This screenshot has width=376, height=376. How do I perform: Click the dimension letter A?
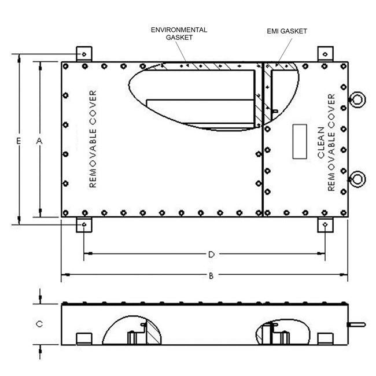tap(39, 141)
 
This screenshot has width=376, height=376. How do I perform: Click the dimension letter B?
tap(212, 277)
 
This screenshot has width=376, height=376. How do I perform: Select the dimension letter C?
tap(39, 325)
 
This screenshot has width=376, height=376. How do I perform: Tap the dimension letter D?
tap(212, 254)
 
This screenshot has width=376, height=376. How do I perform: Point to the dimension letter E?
tap(19, 141)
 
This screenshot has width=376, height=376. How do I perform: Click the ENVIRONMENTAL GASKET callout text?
tap(179, 34)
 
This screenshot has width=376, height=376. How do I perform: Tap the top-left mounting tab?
tap(84, 54)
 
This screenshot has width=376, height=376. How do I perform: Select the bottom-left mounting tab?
tap(84, 224)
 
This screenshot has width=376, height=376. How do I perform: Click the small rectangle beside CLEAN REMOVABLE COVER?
tap(300, 142)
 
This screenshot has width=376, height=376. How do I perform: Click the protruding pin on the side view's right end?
tap(355, 325)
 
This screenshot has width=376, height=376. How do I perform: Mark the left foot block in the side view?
tap(84, 338)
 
